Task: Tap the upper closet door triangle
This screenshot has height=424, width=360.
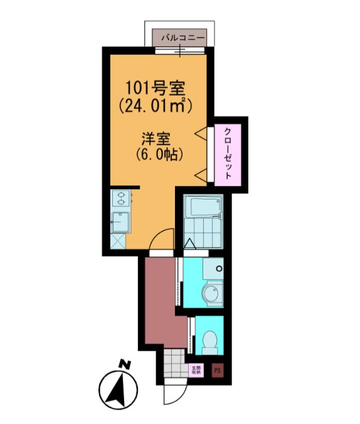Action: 203,132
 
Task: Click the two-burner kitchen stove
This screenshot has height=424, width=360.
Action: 119,199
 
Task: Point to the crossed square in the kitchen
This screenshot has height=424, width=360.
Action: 118,240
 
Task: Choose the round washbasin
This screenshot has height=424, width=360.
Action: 213,294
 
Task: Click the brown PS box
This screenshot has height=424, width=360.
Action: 218,370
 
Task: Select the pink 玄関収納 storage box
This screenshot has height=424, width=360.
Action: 196,370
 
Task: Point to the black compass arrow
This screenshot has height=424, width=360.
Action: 118,387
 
